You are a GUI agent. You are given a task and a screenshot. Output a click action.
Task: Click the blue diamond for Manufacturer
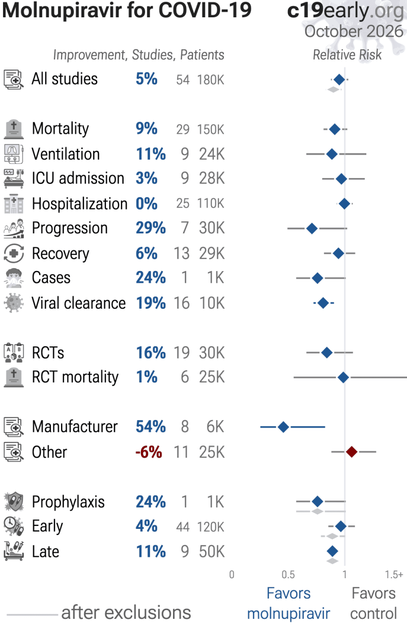283,427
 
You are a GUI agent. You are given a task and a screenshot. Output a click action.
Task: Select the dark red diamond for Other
352,452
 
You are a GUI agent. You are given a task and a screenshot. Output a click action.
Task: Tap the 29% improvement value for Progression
151,228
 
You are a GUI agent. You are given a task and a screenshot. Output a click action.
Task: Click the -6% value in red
149,452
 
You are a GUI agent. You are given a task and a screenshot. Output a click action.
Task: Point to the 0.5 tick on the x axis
288,575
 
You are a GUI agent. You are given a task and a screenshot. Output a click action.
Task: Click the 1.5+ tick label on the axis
394,575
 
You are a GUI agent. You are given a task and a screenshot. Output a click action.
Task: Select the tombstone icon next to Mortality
14,129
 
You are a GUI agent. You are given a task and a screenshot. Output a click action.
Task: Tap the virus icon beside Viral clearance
14,303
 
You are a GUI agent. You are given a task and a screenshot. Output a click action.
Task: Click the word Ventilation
66,154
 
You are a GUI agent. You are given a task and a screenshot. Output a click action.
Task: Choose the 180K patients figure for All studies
211,80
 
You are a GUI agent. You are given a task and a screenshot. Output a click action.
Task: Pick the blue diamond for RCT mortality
343,377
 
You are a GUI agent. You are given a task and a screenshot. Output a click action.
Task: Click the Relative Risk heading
347,55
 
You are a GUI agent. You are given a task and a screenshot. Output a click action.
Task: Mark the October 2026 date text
354,32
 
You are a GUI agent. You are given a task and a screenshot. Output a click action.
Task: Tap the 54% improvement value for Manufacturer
151,427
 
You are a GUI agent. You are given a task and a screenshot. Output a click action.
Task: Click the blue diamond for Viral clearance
324,303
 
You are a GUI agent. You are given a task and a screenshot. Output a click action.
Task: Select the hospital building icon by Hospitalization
14,204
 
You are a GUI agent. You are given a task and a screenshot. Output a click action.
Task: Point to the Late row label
46,552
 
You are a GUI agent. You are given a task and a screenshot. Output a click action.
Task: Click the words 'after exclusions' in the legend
126,612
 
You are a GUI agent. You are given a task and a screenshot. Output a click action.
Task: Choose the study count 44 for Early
183,527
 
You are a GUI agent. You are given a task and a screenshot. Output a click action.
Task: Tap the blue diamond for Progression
312,229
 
